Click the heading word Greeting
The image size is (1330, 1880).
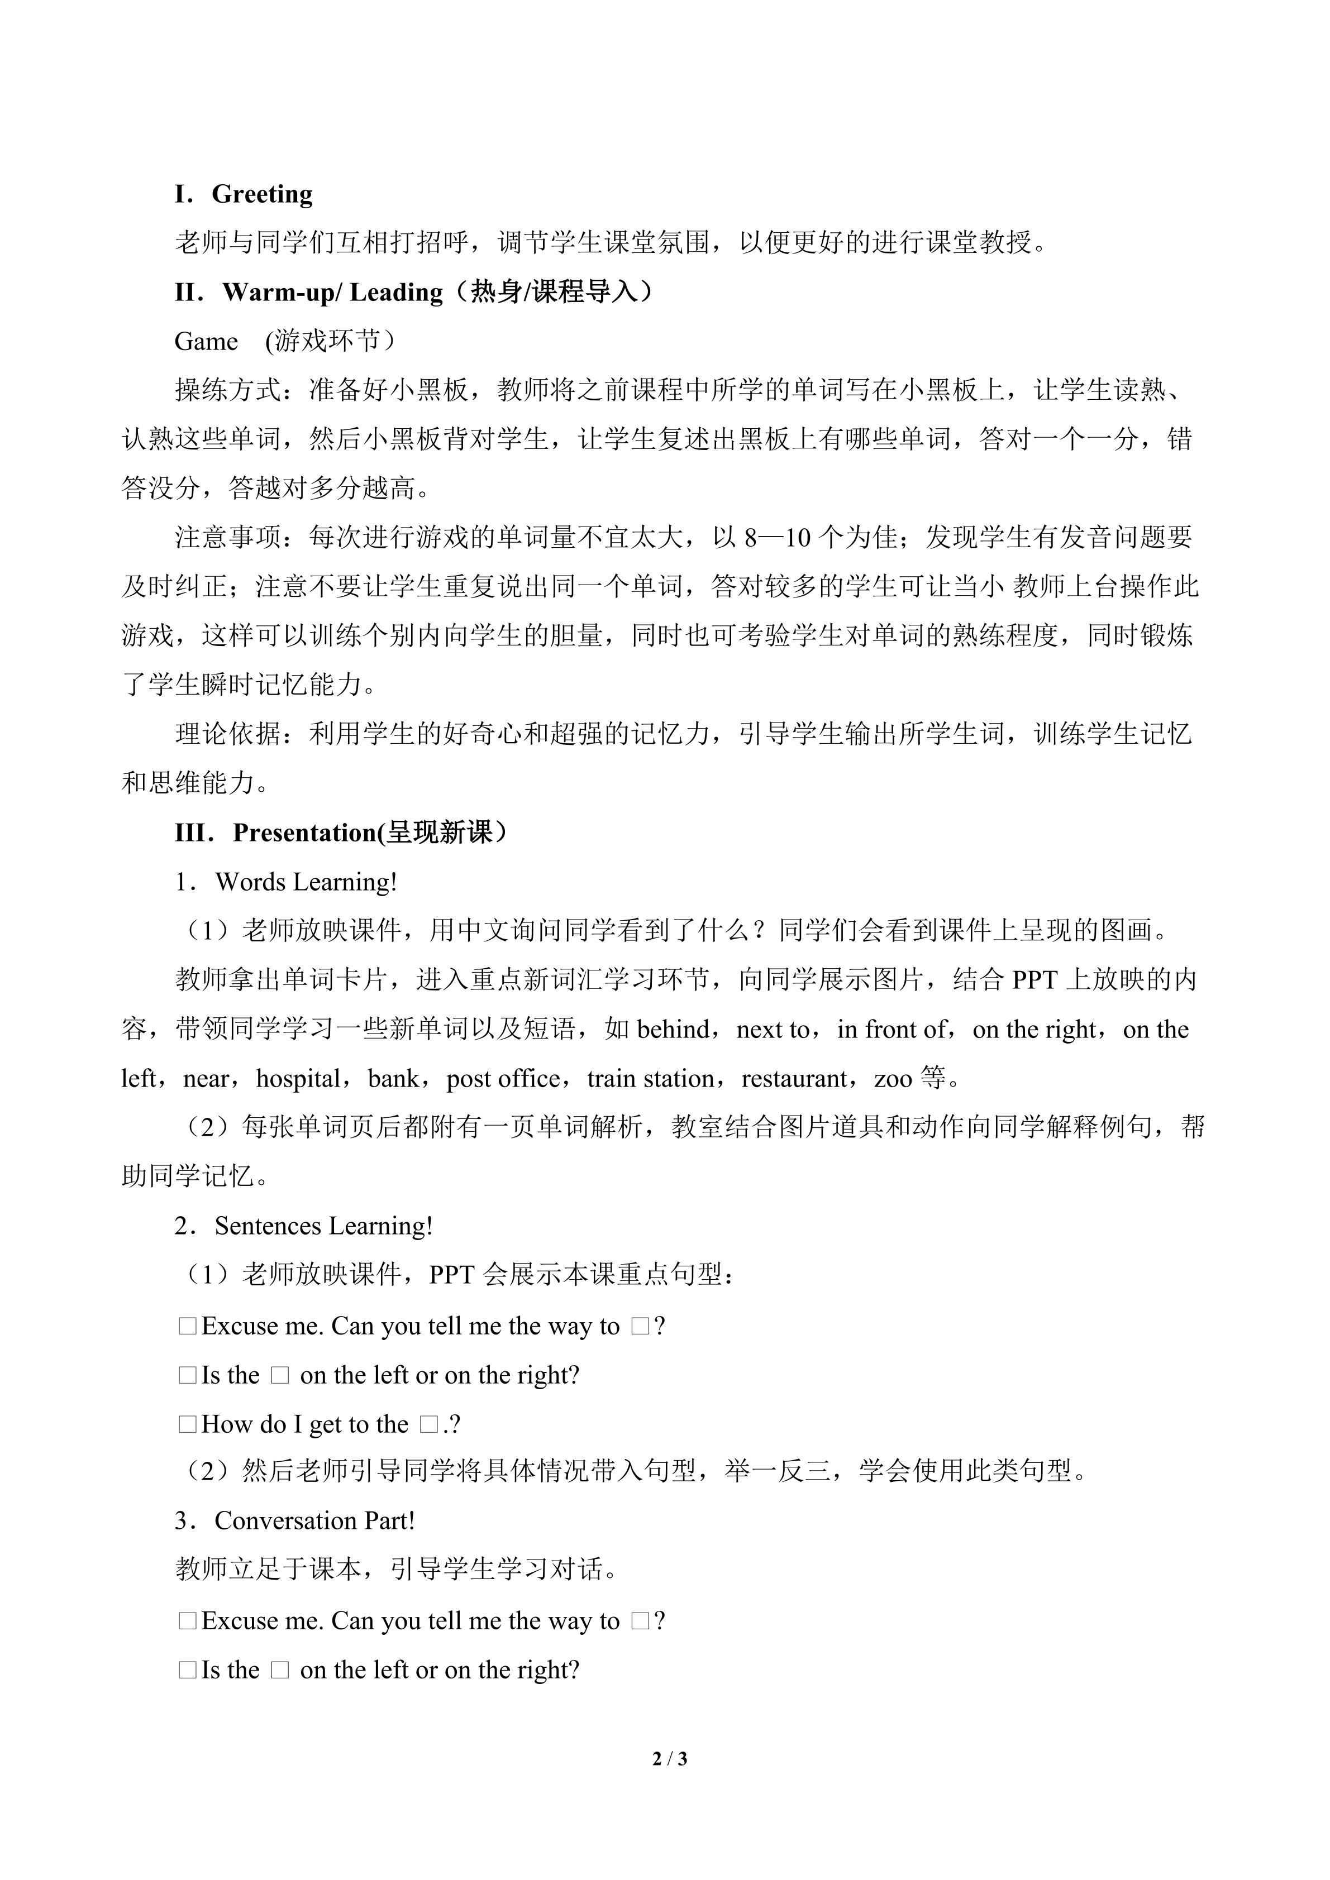[262, 195]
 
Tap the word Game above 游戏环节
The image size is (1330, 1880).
[206, 342]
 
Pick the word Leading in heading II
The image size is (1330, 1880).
[397, 293]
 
